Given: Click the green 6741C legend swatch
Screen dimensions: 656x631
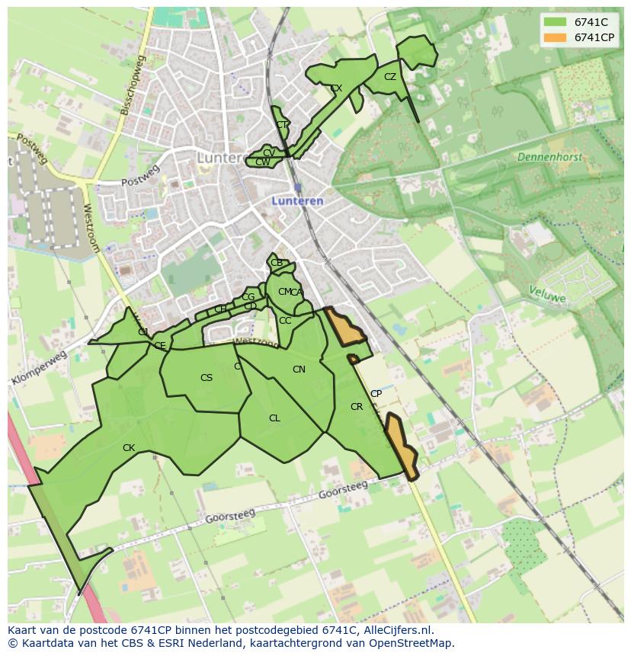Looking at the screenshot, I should (x=556, y=23).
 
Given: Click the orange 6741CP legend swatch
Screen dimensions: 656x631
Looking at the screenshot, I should (x=556, y=37).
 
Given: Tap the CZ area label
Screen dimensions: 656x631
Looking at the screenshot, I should (x=390, y=77).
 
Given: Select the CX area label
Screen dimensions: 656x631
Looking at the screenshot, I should (x=336, y=88).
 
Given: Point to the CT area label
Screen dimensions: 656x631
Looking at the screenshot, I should (x=282, y=125).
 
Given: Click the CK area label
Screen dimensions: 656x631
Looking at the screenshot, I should (x=129, y=448).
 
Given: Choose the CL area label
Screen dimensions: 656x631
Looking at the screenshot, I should (x=274, y=418).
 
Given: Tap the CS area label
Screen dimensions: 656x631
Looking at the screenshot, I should (x=207, y=378).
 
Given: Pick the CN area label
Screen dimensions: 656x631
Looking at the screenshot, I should (x=299, y=370).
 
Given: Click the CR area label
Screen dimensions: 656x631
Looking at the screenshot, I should (x=357, y=407).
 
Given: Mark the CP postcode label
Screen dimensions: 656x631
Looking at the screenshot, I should (x=376, y=394).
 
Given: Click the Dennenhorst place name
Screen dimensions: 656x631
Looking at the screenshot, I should (x=549, y=158).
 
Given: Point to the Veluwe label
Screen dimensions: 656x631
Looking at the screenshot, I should (x=548, y=294).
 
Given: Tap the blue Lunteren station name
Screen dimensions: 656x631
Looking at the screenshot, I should (x=297, y=201).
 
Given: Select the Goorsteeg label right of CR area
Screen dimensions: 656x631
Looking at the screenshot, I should (x=342, y=489).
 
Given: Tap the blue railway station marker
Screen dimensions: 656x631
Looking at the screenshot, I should (x=297, y=187).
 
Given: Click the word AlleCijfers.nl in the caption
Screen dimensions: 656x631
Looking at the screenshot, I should (x=397, y=630).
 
